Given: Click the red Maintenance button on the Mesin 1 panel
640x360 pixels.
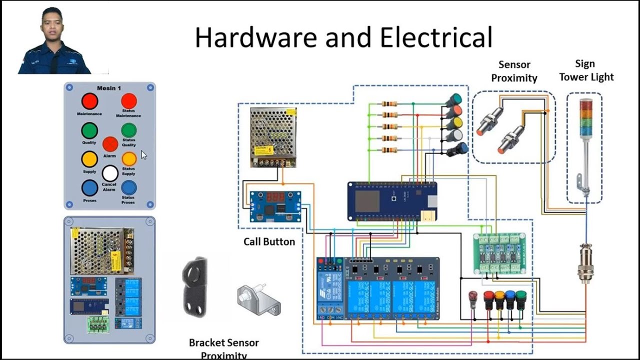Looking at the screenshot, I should [x=89, y=101].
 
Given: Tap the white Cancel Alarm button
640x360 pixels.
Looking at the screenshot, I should [x=110, y=173].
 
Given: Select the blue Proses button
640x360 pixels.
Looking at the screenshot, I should [x=89, y=188].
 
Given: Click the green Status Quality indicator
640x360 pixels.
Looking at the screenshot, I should [x=128, y=130].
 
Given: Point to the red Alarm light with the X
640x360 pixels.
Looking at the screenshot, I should [x=110, y=144].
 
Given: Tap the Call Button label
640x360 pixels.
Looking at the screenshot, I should [x=269, y=241].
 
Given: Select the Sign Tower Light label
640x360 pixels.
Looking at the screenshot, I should [x=586, y=70].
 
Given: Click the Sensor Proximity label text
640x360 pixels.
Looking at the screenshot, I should [x=514, y=71].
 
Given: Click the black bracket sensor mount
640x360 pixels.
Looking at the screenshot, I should [x=194, y=287].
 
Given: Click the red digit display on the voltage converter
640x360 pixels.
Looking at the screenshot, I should [x=275, y=197].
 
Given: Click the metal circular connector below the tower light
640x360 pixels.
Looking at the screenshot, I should [x=585, y=260].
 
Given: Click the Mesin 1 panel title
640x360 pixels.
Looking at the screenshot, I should [x=109, y=88].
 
